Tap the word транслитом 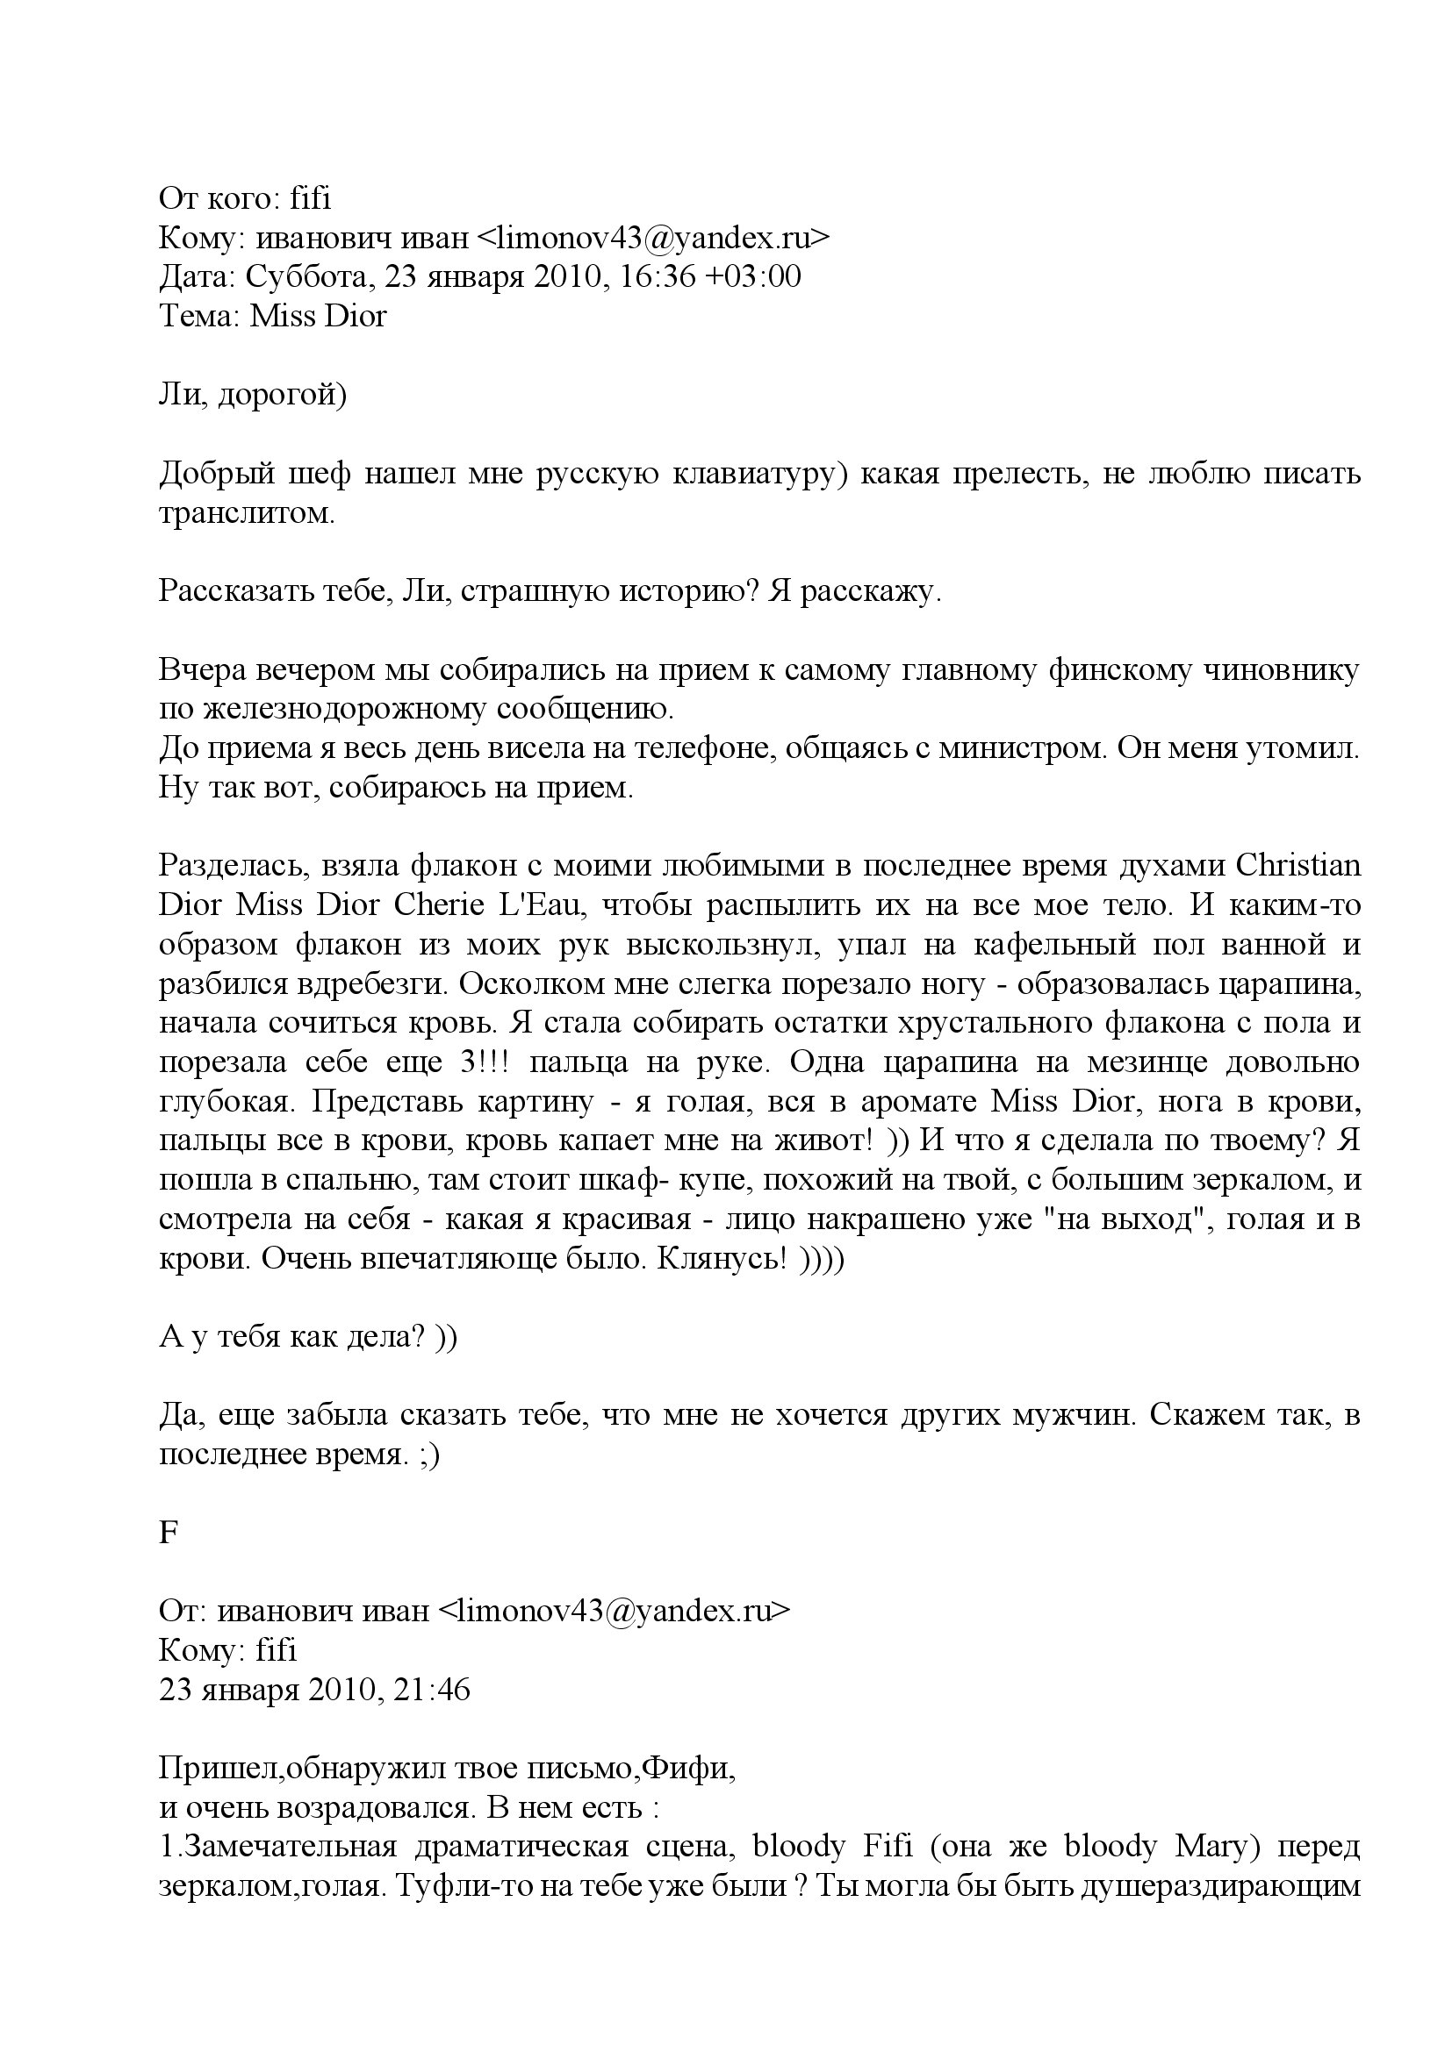pyautogui.click(x=247, y=513)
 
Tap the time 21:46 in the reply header pyautogui.click(x=433, y=1692)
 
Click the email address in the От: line pyautogui.click(x=615, y=1614)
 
